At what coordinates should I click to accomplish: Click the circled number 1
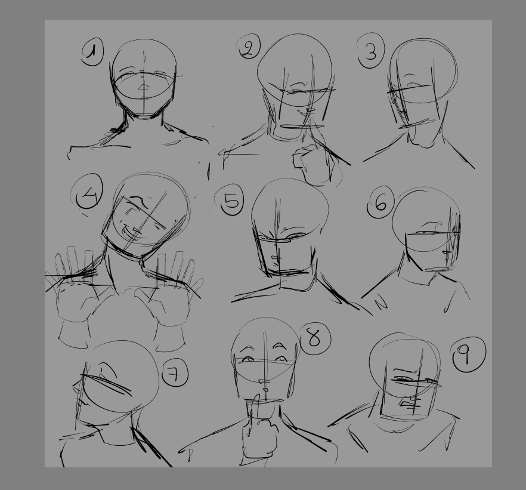[x=92, y=52]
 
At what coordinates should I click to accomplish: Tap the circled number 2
[x=249, y=47]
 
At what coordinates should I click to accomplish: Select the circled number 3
[x=370, y=51]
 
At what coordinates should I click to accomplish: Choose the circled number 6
[x=380, y=202]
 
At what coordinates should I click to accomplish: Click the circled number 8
[x=315, y=338]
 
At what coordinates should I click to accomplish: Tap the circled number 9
[x=468, y=355]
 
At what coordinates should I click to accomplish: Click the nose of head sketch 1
[x=144, y=88]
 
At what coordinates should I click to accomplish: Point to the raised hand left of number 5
[x=169, y=289]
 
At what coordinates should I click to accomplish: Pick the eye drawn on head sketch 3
[x=414, y=85]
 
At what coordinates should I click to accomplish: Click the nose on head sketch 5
[x=276, y=258]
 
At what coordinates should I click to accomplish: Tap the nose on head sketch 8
[x=264, y=381]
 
